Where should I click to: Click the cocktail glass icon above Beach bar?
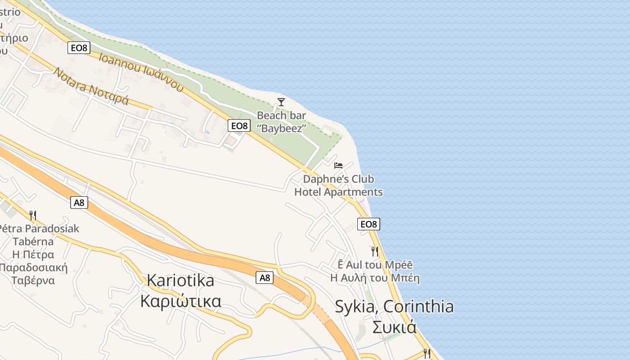[281, 102]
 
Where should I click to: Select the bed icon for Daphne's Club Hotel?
[338, 166]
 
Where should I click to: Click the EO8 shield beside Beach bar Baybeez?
[239, 126]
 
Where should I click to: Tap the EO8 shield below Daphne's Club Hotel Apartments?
[369, 224]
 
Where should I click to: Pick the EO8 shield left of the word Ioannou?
[79, 47]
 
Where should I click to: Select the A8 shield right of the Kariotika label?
[265, 278]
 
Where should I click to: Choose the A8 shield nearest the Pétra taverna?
[79, 202]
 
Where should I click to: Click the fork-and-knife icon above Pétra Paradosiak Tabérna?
[32, 215]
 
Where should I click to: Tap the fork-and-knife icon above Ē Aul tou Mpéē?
[374, 251]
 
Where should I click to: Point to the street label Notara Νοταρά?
[91, 86]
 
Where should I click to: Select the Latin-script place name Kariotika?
[180, 281]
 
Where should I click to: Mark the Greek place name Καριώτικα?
[180, 301]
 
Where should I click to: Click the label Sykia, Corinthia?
[394, 307]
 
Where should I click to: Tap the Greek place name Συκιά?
[394, 327]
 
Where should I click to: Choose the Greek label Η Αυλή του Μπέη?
[375, 278]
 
